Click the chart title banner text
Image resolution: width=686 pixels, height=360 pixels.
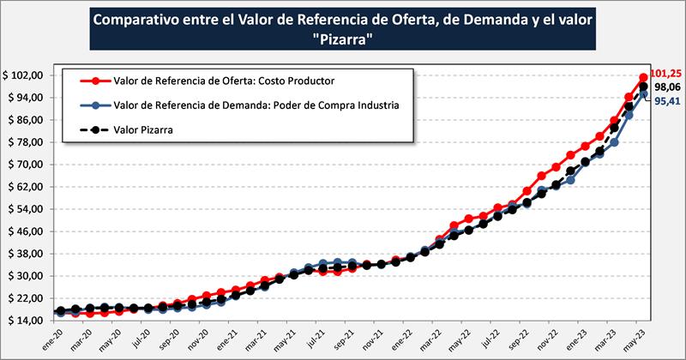point(343,30)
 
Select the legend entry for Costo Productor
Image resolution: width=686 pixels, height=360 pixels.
point(224,81)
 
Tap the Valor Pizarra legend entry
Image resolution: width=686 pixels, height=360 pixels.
point(150,130)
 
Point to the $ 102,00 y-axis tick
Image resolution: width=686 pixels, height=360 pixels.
point(23,75)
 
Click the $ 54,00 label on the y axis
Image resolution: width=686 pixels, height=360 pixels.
point(26,209)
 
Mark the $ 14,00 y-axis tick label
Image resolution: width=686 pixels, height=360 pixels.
point(26,321)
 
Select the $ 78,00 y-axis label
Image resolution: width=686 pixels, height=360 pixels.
point(26,142)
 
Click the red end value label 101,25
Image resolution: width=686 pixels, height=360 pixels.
point(666,75)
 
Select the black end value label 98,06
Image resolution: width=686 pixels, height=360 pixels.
point(666,87)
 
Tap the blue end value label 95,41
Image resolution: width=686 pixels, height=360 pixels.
point(666,101)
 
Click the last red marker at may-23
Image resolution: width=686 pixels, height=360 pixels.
point(644,78)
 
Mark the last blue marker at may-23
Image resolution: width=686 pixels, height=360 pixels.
point(644,94)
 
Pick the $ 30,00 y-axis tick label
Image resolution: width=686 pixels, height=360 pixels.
point(26,276)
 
